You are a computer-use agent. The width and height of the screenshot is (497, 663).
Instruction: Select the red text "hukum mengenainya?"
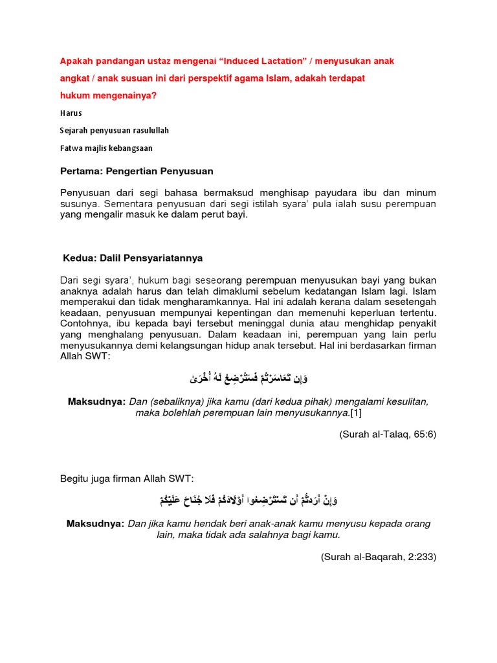[108, 96]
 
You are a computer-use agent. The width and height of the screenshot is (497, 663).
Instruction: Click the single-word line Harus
[71, 113]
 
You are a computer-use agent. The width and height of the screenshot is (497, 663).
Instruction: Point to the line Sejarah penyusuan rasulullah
[115, 130]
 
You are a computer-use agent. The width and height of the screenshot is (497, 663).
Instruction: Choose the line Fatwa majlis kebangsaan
[106, 148]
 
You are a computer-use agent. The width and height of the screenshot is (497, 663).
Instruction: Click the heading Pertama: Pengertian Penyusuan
[137, 171]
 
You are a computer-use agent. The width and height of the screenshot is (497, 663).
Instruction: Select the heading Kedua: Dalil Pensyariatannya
[133, 258]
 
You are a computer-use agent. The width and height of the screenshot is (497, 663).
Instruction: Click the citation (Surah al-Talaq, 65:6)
[388, 434]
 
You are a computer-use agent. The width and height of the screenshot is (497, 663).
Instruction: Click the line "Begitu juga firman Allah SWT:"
[127, 478]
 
